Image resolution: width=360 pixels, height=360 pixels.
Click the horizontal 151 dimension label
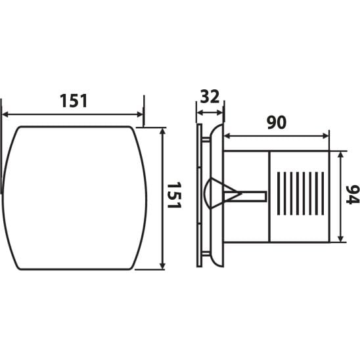tap(74, 101)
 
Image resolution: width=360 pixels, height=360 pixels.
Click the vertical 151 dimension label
tap(174, 195)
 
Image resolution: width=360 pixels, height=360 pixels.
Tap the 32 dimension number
tap(210, 97)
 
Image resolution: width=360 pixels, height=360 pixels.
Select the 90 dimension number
tap(277, 122)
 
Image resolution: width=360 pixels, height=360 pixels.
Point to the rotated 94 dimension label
tap(353, 194)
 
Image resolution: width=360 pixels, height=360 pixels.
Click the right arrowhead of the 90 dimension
tap(326, 136)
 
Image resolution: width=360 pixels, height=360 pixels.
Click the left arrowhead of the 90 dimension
tap(227, 136)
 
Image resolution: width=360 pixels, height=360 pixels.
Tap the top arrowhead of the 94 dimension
tap(341, 155)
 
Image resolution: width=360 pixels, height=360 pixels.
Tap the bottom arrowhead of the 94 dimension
tap(341, 238)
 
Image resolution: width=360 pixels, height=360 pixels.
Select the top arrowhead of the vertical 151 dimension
tap(162, 131)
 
